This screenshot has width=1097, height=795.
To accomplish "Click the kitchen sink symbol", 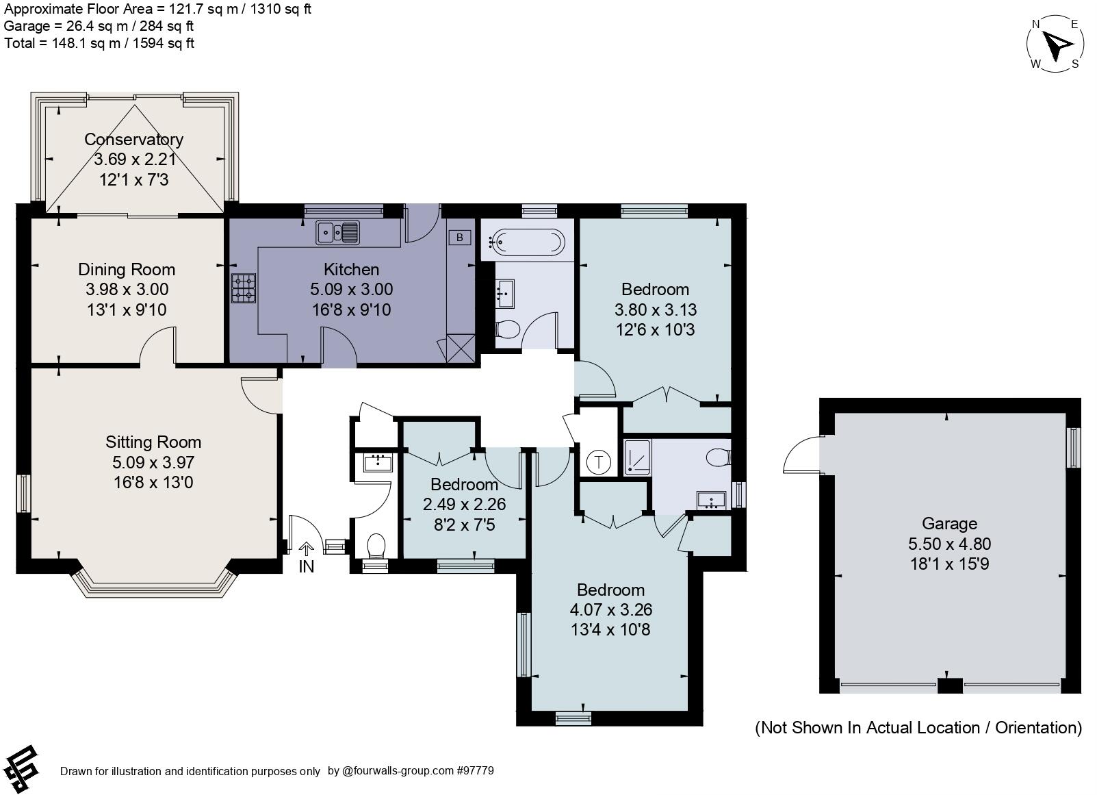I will pyautogui.click(x=337, y=233).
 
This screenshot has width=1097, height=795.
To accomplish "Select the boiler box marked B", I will pyautogui.click(x=460, y=238).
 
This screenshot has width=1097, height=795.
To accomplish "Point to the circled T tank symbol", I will pyautogui.click(x=599, y=462).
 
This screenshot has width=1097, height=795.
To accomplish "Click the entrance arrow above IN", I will pyautogui.click(x=307, y=548).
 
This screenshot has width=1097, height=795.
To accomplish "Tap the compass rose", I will pyautogui.click(x=1055, y=45).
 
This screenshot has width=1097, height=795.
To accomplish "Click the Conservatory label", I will pyautogui.click(x=133, y=140).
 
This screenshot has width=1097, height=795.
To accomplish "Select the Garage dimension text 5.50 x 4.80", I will pyautogui.click(x=949, y=544).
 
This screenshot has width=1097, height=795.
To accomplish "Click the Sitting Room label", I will pyautogui.click(x=153, y=442).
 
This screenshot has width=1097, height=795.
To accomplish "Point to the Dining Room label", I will pyautogui.click(x=127, y=270).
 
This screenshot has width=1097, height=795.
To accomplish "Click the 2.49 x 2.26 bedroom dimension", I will pyautogui.click(x=464, y=505).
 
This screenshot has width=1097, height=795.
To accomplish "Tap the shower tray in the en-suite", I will pyautogui.click(x=638, y=457).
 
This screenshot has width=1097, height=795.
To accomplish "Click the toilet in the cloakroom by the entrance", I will pyautogui.click(x=376, y=546).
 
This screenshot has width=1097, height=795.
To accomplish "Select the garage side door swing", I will pyautogui.click(x=802, y=456).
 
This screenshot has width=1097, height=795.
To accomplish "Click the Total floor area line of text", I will pyautogui.click(x=99, y=43).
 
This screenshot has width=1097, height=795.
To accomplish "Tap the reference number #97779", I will pyautogui.click(x=475, y=771).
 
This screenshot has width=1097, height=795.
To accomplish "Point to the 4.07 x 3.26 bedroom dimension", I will pyautogui.click(x=610, y=610).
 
